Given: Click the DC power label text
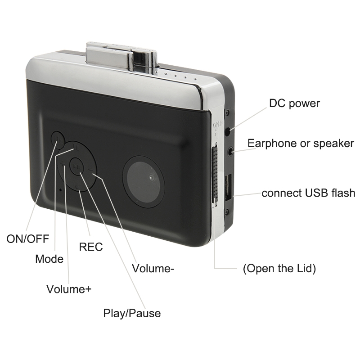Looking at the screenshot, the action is [294, 103].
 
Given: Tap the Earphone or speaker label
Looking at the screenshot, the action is [301, 144].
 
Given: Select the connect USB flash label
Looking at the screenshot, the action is [308, 193].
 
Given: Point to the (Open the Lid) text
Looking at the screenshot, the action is [279, 268].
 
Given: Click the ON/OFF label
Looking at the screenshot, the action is [28, 239].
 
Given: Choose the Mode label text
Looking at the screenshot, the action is [49, 259].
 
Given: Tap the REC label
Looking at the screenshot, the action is [91, 247].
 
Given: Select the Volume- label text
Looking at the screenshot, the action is [153, 268].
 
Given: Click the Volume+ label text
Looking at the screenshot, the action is [69, 289].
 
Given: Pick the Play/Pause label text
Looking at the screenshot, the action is [132, 313].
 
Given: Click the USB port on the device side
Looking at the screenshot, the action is [229, 188].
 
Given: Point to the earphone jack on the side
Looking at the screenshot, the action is [231, 151].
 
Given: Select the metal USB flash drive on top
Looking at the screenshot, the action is [121, 58].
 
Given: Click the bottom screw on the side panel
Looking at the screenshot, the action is [227, 211].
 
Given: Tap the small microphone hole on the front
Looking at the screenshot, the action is [60, 190].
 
